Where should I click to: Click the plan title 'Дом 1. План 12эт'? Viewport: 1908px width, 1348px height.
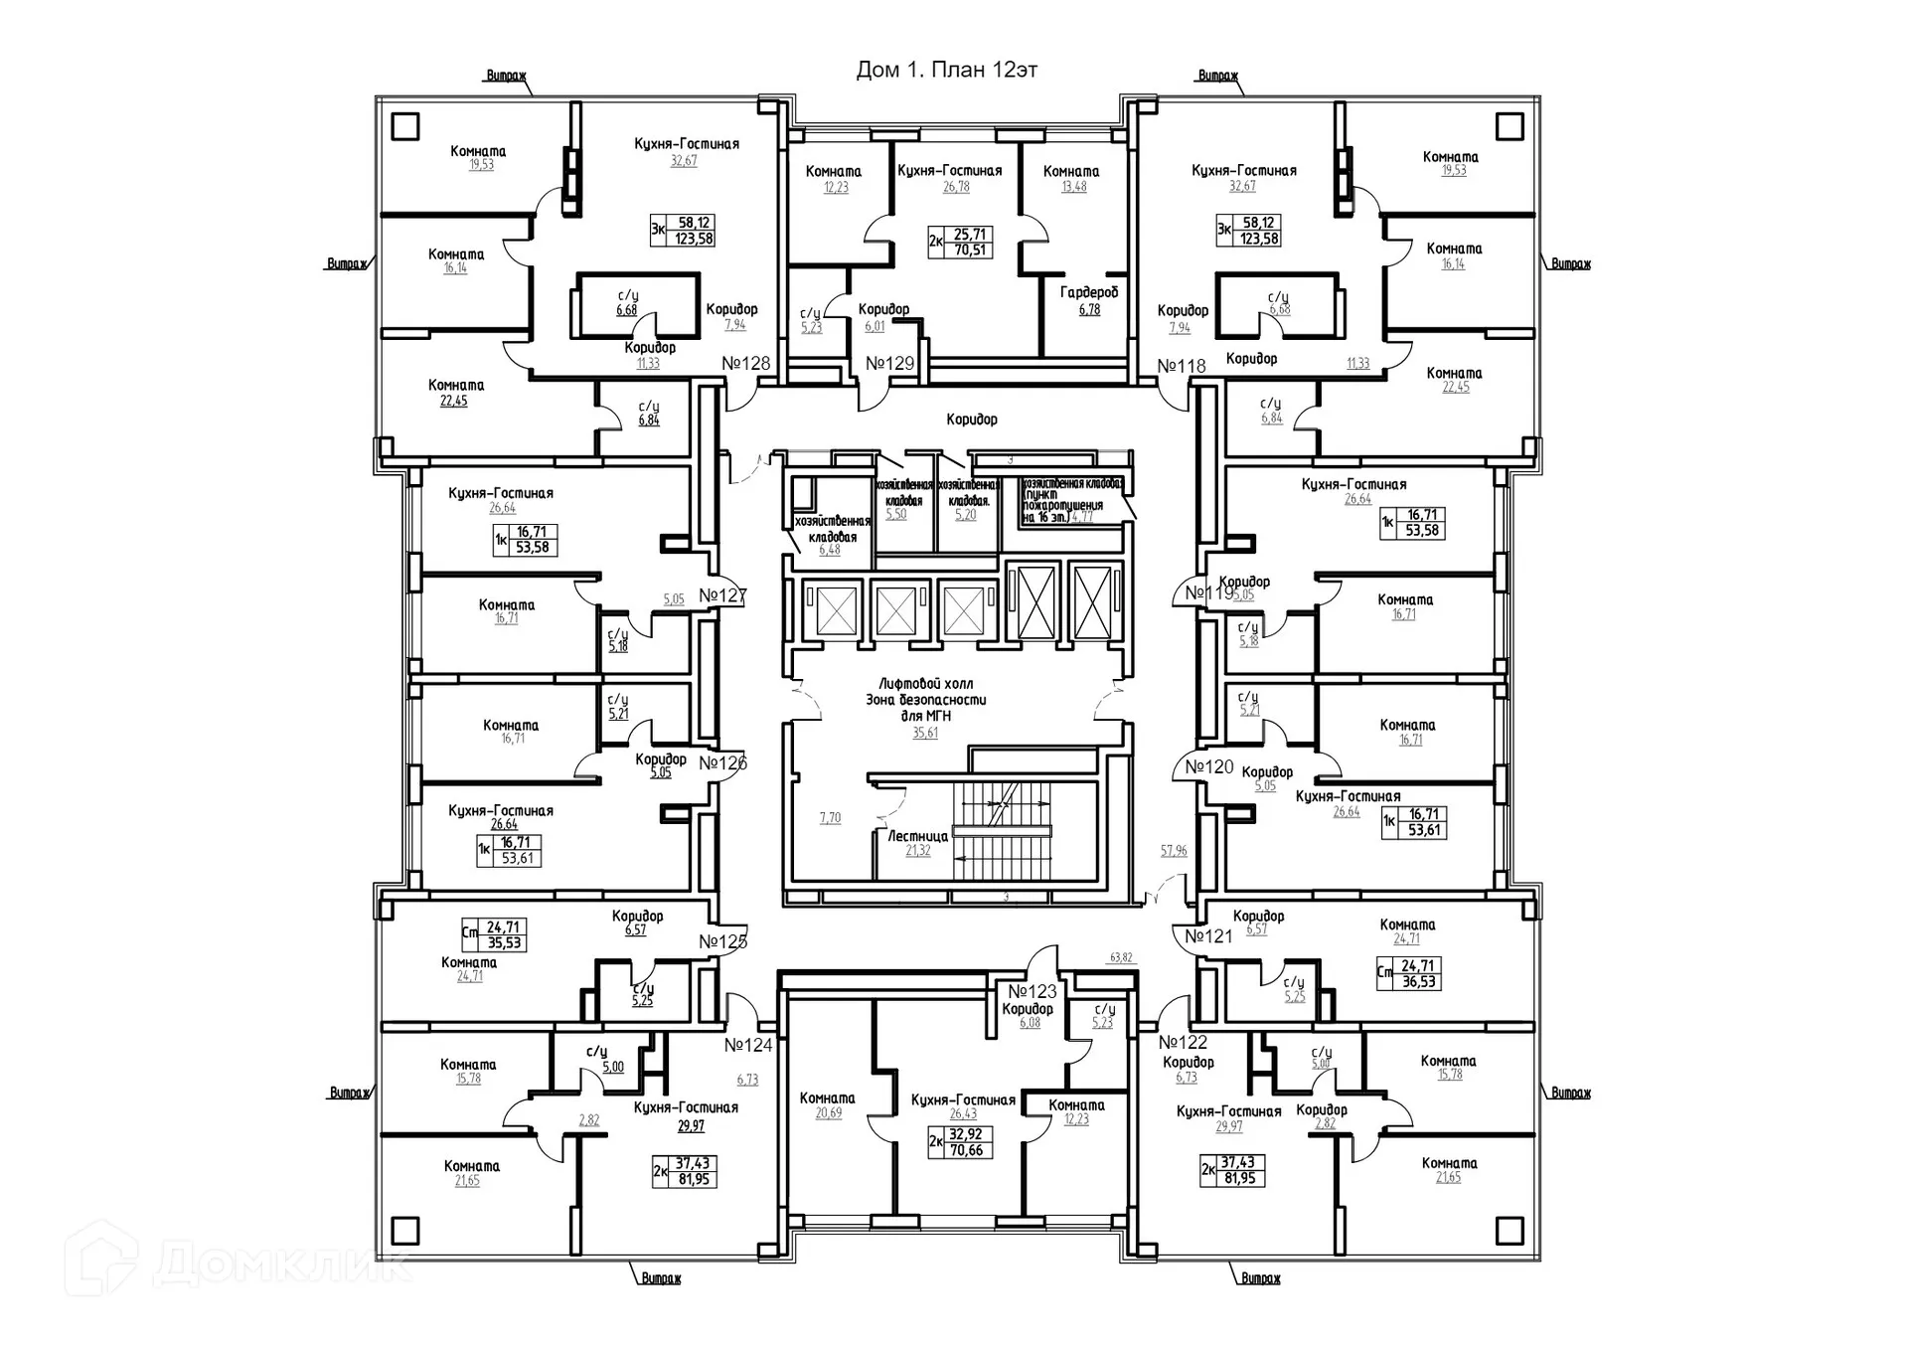point(946,70)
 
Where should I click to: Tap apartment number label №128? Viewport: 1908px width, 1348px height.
point(745,363)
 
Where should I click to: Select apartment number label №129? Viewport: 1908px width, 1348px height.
point(889,363)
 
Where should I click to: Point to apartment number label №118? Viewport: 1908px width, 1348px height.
point(1182,366)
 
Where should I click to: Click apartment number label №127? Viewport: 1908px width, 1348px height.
point(722,595)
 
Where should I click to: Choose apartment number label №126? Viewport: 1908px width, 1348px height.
point(722,763)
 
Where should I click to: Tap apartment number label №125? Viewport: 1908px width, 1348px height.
point(722,941)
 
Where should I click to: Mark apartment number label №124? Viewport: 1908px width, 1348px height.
point(748,1045)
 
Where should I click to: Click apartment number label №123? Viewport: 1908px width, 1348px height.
point(1033,992)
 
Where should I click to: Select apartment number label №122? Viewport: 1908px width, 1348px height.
point(1183,1042)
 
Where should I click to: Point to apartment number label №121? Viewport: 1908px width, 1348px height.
point(1208,935)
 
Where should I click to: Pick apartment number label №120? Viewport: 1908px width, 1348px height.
point(1208,766)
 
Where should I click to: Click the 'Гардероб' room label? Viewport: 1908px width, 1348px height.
point(1089,292)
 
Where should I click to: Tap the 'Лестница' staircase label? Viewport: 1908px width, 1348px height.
point(917,836)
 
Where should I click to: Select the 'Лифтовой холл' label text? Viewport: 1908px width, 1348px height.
point(925,684)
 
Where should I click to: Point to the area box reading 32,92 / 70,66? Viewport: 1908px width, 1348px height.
point(965,1142)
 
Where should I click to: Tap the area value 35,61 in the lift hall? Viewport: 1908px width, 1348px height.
point(925,734)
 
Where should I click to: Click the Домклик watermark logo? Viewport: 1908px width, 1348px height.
point(238,1260)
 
